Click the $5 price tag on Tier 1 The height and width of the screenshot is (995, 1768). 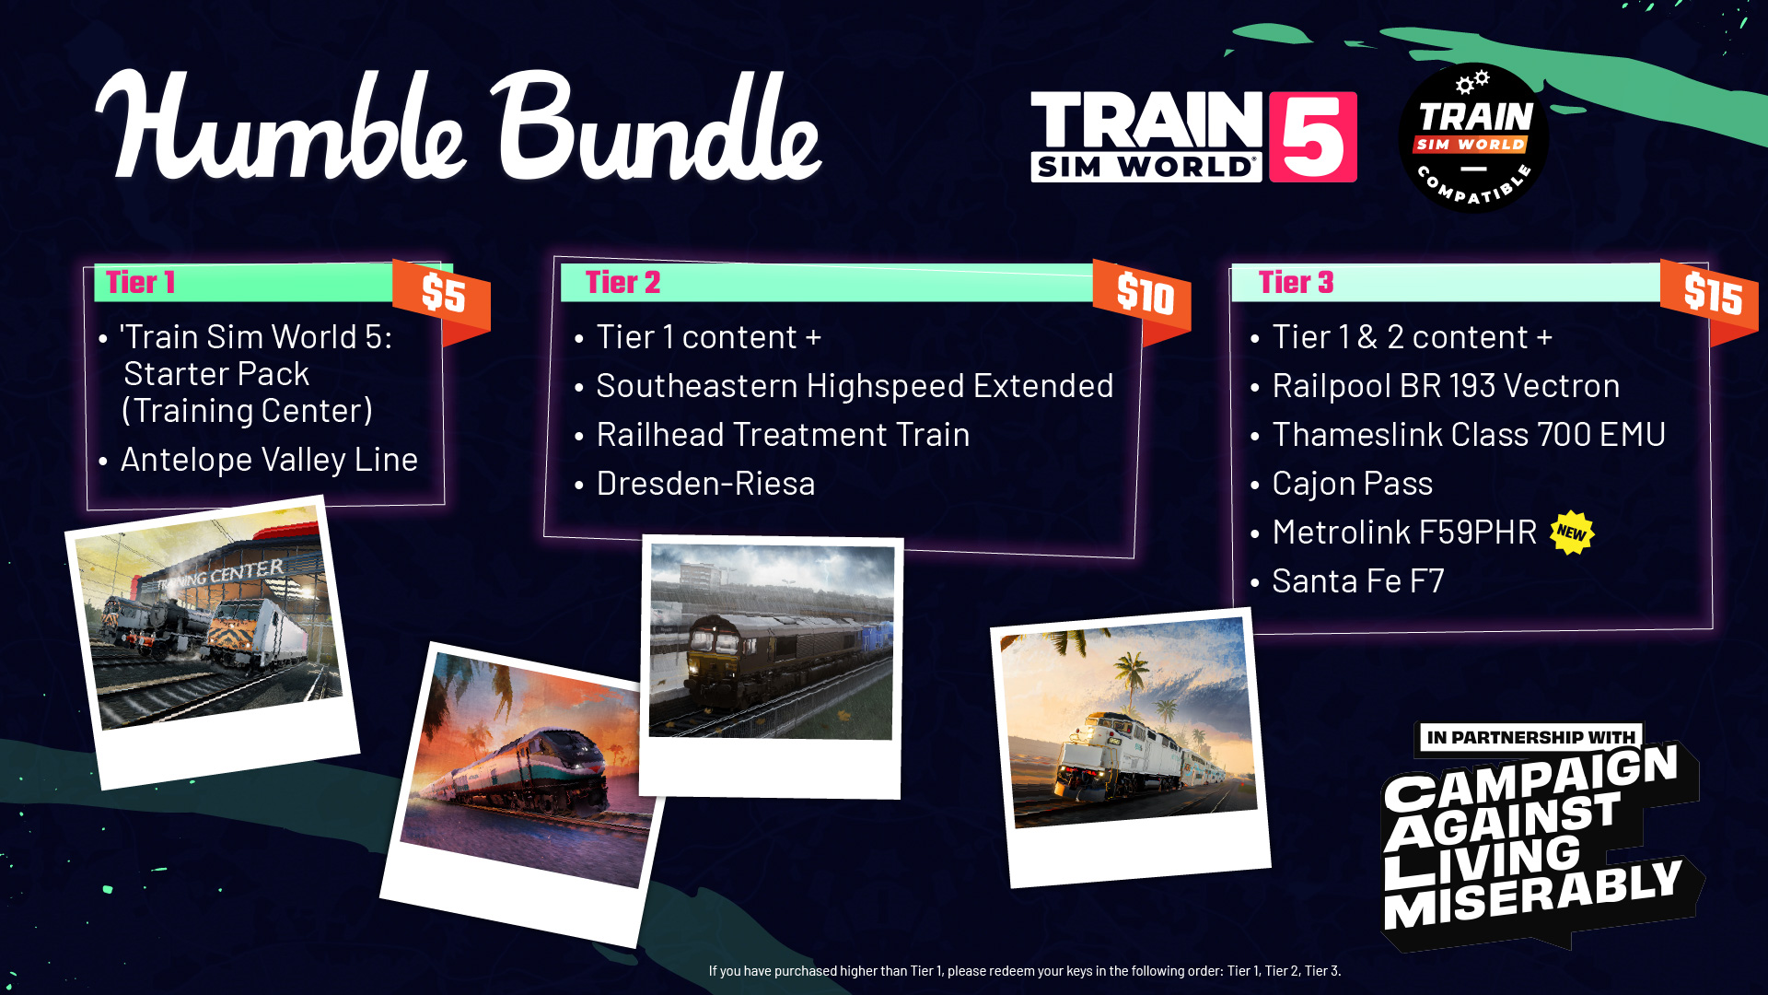point(442,297)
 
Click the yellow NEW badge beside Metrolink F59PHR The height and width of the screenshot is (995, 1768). point(1572,533)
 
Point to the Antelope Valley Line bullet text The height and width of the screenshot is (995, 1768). point(269,459)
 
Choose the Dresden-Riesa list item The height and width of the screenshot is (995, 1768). point(705,483)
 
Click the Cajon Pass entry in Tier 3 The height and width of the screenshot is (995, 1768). point(1352,483)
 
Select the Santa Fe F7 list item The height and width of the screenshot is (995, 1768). point(1357,580)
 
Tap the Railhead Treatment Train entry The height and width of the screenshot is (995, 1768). point(783,434)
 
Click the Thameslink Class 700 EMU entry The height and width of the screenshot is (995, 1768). point(1469,434)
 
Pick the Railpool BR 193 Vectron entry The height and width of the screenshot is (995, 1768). point(1446,385)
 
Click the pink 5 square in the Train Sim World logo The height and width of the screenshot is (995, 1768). point(1312,136)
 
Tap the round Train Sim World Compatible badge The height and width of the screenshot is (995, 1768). point(1473,138)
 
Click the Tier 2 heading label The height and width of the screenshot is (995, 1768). point(622,282)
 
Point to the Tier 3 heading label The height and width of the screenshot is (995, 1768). point(1296,282)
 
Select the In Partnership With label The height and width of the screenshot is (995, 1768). point(1530,737)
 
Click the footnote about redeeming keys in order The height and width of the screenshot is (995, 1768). point(1025,970)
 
